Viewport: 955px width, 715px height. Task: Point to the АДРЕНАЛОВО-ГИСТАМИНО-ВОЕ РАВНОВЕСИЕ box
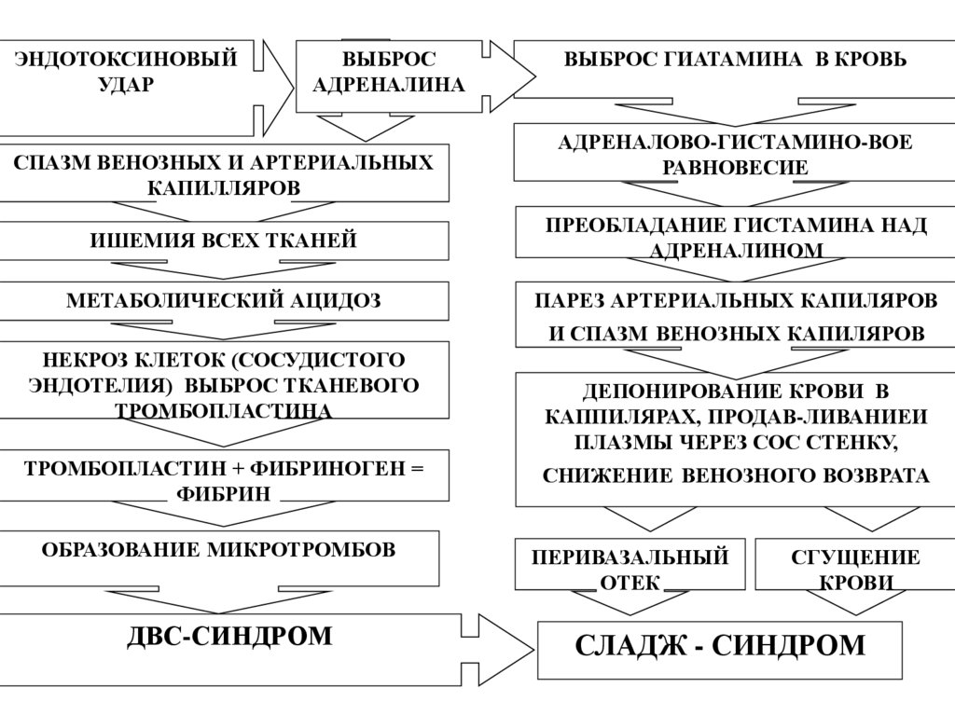coord(735,155)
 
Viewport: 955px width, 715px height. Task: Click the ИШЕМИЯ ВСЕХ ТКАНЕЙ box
coord(223,241)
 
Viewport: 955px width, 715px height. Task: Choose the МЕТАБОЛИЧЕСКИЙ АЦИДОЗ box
coord(223,301)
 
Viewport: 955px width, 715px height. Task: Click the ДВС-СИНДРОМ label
coord(228,637)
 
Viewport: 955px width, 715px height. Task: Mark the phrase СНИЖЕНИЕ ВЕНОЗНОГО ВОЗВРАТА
coord(736,476)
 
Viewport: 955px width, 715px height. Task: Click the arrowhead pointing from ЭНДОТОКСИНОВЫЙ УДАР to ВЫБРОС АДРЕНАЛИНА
coord(276,87)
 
